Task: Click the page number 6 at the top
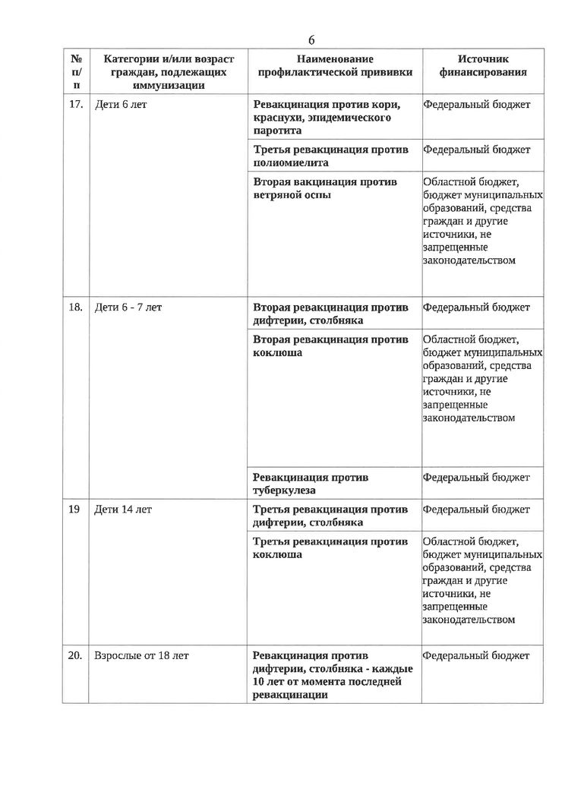point(311,39)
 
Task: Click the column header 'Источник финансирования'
point(483,65)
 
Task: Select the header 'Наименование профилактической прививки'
point(334,65)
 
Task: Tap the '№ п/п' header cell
point(76,72)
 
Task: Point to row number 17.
point(76,105)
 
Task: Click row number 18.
point(76,308)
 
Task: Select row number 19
point(74,509)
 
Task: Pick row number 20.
point(76,654)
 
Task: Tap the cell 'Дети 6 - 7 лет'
point(128,308)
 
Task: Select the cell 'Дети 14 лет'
point(123,509)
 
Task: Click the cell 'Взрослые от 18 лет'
point(141,654)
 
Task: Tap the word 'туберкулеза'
point(284,490)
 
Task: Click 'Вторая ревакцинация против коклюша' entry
point(330,345)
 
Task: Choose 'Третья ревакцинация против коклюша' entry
point(330,547)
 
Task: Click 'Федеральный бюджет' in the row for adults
point(476,654)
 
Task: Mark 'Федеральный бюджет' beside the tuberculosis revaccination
point(476,478)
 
